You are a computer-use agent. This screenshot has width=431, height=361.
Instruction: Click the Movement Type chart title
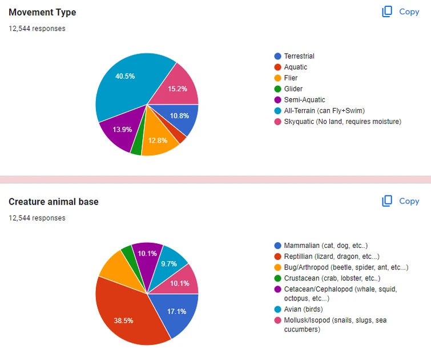click(x=42, y=12)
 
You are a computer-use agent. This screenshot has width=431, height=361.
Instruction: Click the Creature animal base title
click(x=54, y=202)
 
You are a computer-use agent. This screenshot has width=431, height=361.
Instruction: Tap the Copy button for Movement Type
click(x=401, y=11)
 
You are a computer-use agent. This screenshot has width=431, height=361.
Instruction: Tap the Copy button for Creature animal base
click(x=401, y=201)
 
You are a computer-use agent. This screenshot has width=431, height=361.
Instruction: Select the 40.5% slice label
click(x=125, y=76)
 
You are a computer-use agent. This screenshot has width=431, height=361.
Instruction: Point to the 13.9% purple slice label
click(x=122, y=130)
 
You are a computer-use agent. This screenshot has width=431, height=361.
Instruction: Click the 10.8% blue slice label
click(x=179, y=116)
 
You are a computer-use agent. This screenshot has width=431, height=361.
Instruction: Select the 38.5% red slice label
click(x=123, y=320)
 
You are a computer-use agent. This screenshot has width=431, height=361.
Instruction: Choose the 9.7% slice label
click(x=170, y=264)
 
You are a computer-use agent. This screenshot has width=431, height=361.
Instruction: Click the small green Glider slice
click(x=136, y=147)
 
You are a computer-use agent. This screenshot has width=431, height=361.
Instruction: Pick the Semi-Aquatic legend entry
click(x=304, y=99)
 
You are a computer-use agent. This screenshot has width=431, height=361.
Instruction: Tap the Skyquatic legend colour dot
click(x=277, y=121)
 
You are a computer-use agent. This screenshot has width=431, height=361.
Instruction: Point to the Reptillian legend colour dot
click(x=277, y=256)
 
